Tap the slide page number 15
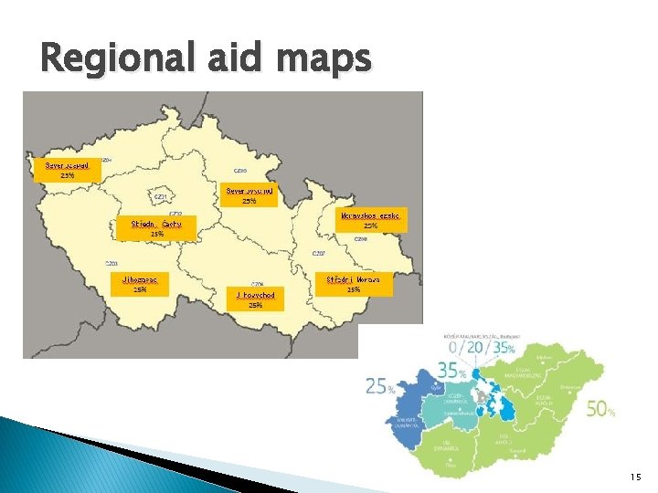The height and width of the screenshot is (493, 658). pyautogui.click(x=635, y=477)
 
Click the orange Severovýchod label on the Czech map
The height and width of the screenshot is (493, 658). pyautogui.click(x=249, y=195)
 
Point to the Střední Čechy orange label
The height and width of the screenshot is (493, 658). pyautogui.click(x=157, y=228)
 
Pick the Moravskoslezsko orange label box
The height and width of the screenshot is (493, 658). pyautogui.click(x=370, y=219)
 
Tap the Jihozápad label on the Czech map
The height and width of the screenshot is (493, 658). pyautogui.click(x=140, y=284)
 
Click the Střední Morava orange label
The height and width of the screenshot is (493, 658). pyautogui.click(x=359, y=283)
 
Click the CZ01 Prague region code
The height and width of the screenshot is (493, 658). pyautogui.click(x=160, y=196)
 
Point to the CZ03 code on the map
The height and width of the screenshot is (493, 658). pyautogui.click(x=111, y=262)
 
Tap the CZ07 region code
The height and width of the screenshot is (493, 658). pyautogui.click(x=319, y=253)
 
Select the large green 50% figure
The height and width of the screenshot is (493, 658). pyautogui.click(x=600, y=410)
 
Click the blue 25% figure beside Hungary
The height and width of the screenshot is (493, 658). pyautogui.click(x=379, y=387)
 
